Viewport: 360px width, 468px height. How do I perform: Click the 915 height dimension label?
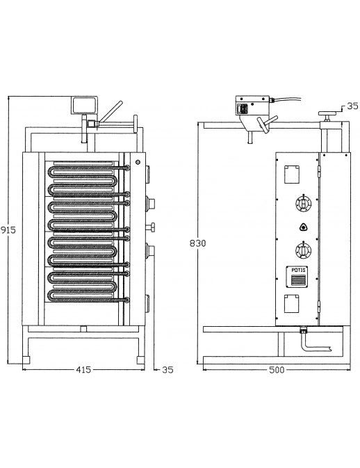8,229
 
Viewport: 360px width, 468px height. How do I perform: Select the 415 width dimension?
83,369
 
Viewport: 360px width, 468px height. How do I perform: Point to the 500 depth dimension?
277,370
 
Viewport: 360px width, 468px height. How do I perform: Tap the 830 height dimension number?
198,243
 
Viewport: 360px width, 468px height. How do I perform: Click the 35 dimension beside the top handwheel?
353,106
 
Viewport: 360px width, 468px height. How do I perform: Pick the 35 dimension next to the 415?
167,369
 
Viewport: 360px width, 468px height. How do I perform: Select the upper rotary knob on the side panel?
303,204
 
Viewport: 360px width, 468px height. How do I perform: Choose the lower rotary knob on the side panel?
303,250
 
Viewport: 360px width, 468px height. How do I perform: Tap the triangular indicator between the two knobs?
303,227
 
